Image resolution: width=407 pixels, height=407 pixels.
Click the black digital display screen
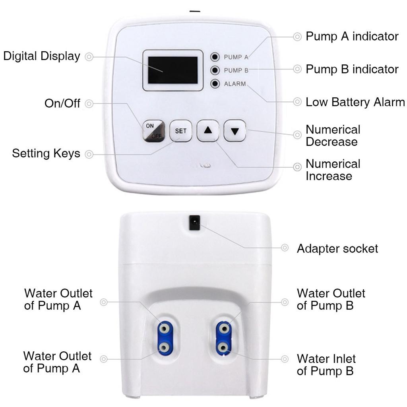click(x=173, y=70)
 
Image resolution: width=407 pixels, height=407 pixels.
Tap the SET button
click(x=180, y=131)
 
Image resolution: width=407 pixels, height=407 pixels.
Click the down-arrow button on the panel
click(x=235, y=131)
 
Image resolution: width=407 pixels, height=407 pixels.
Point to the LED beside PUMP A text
click(x=215, y=56)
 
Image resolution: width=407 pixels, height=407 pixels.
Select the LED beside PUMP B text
click(x=215, y=70)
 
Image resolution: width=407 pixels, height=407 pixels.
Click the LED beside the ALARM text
click(x=215, y=84)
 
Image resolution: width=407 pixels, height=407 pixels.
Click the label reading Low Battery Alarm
click(x=355, y=102)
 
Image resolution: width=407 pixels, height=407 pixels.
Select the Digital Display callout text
click(x=42, y=56)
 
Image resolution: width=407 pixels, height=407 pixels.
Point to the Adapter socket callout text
click(x=337, y=249)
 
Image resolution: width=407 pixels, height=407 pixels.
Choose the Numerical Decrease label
click(x=333, y=136)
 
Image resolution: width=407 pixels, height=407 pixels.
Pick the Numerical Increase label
click(x=333, y=170)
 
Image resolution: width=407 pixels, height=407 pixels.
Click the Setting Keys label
click(x=46, y=153)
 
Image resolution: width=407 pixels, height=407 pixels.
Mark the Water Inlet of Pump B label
click(x=326, y=364)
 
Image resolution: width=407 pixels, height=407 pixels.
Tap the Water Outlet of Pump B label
click(x=331, y=299)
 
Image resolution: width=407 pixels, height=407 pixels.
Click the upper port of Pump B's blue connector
click(x=223, y=329)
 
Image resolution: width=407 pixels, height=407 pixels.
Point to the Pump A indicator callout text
click(x=352, y=37)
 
